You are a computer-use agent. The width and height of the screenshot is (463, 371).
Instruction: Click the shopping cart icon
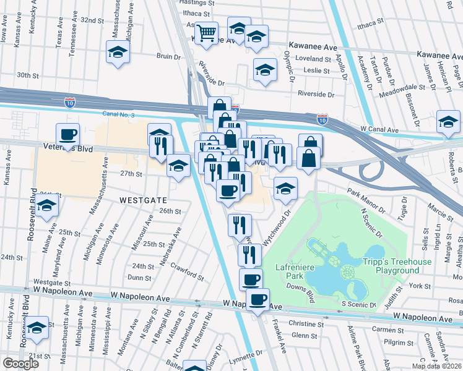[x=207, y=32]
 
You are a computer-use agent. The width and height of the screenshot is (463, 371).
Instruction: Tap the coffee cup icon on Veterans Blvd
[x=68, y=134]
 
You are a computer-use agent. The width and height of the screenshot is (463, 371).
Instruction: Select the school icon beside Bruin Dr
[x=117, y=53]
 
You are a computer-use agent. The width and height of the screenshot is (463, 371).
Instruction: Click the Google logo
[x=20, y=364]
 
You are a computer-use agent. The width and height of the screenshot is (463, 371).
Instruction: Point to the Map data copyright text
[x=437, y=366]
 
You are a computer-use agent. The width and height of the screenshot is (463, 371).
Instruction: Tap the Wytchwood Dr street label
[x=275, y=229]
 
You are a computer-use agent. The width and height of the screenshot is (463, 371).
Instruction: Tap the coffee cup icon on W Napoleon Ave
[x=257, y=300]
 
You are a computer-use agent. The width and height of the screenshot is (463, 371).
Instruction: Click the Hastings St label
[x=197, y=3]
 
